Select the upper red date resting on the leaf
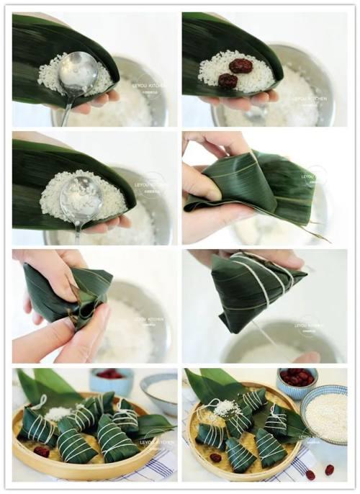coord(240,66)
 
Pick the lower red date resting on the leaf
coord(228,81)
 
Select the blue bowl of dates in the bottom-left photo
coord(109,380)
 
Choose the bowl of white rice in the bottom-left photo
coord(161,390)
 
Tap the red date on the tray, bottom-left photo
coord(42,452)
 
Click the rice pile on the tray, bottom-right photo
coord(225,409)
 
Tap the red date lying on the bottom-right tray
coord(215,457)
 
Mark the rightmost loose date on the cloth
coord(329,470)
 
